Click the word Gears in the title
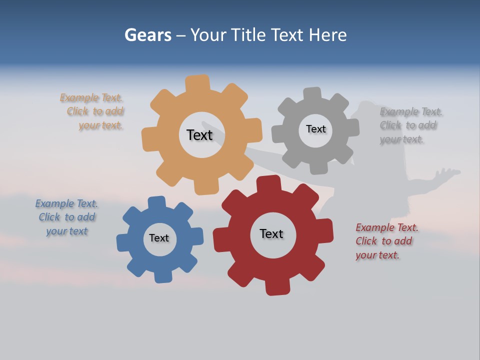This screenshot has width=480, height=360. [147, 35]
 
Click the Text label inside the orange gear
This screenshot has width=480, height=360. [199, 135]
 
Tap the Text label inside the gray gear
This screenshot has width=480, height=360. [315, 129]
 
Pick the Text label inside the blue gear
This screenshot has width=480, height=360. [159, 238]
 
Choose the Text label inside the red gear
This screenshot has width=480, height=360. [271, 233]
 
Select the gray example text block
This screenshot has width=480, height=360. [410, 125]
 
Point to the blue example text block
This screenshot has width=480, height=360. [66, 217]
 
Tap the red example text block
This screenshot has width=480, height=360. [386, 241]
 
